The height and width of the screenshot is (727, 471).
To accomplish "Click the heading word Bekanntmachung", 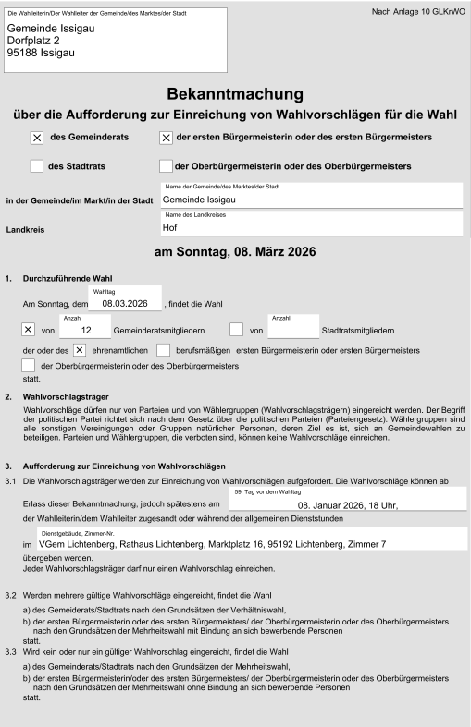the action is pos(236,94).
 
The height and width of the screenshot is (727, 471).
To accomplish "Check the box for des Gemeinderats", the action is pos(37,138).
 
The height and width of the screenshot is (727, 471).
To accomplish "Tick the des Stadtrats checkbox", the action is pos(37,166).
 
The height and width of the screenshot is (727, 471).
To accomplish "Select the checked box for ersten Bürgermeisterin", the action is pos(167,138).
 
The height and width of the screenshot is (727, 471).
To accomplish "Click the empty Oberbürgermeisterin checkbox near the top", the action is pos(167,166).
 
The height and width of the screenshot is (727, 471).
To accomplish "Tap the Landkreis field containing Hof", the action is pos(310,226).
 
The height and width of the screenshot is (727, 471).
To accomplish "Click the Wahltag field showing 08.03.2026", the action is pos(125,302).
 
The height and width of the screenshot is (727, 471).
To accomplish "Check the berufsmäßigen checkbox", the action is pos(164,350).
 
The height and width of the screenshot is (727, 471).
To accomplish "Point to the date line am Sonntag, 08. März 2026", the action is pos(235,253).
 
